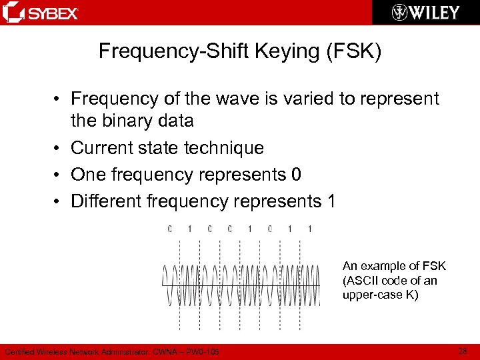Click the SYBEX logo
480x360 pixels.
[41, 13]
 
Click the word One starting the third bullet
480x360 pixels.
[88, 175]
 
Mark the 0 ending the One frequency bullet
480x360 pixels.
[296, 175]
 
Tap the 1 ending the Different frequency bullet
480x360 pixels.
[331, 201]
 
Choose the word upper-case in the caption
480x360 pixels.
[373, 295]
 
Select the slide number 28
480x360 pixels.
[462, 351]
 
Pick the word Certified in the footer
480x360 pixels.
[21, 351]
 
